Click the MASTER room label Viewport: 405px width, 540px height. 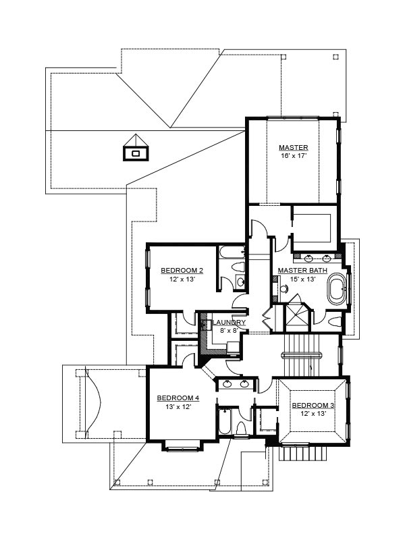pos(294,148)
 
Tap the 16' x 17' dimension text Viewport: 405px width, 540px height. pos(294,156)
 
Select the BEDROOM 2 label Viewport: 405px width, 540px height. pos(182,271)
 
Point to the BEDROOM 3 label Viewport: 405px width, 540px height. pos(313,406)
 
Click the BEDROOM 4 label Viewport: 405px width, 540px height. pos(178,398)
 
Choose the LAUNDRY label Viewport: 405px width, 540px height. pos(229,323)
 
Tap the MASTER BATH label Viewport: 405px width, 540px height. pos(302,271)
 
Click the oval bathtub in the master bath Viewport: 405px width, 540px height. pos(336,289)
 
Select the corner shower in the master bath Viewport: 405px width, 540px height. pos(296,316)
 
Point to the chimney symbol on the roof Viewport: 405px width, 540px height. pos(136,148)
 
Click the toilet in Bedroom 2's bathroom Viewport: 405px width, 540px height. pos(238,267)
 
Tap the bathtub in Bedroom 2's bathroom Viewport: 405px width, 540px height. pos(232,252)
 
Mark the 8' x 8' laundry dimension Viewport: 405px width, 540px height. pos(229,331)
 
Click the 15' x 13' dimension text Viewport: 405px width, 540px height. pos(302,279)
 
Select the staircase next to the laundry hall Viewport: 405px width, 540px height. pos(301,355)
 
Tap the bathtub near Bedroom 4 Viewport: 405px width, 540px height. pos(225,421)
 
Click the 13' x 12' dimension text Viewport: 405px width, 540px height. pos(178,407)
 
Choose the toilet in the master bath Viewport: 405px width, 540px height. pos(334,322)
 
